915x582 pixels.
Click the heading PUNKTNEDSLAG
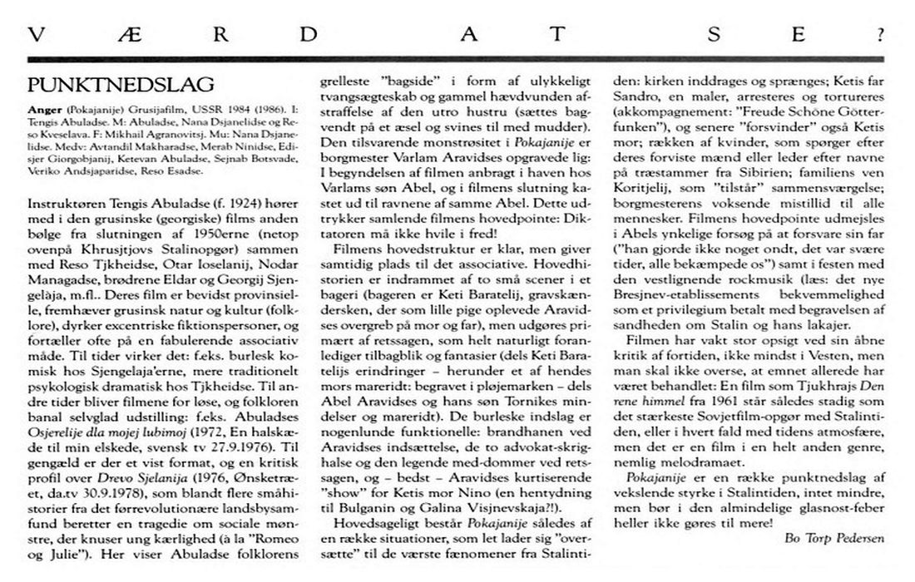pos(121,85)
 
